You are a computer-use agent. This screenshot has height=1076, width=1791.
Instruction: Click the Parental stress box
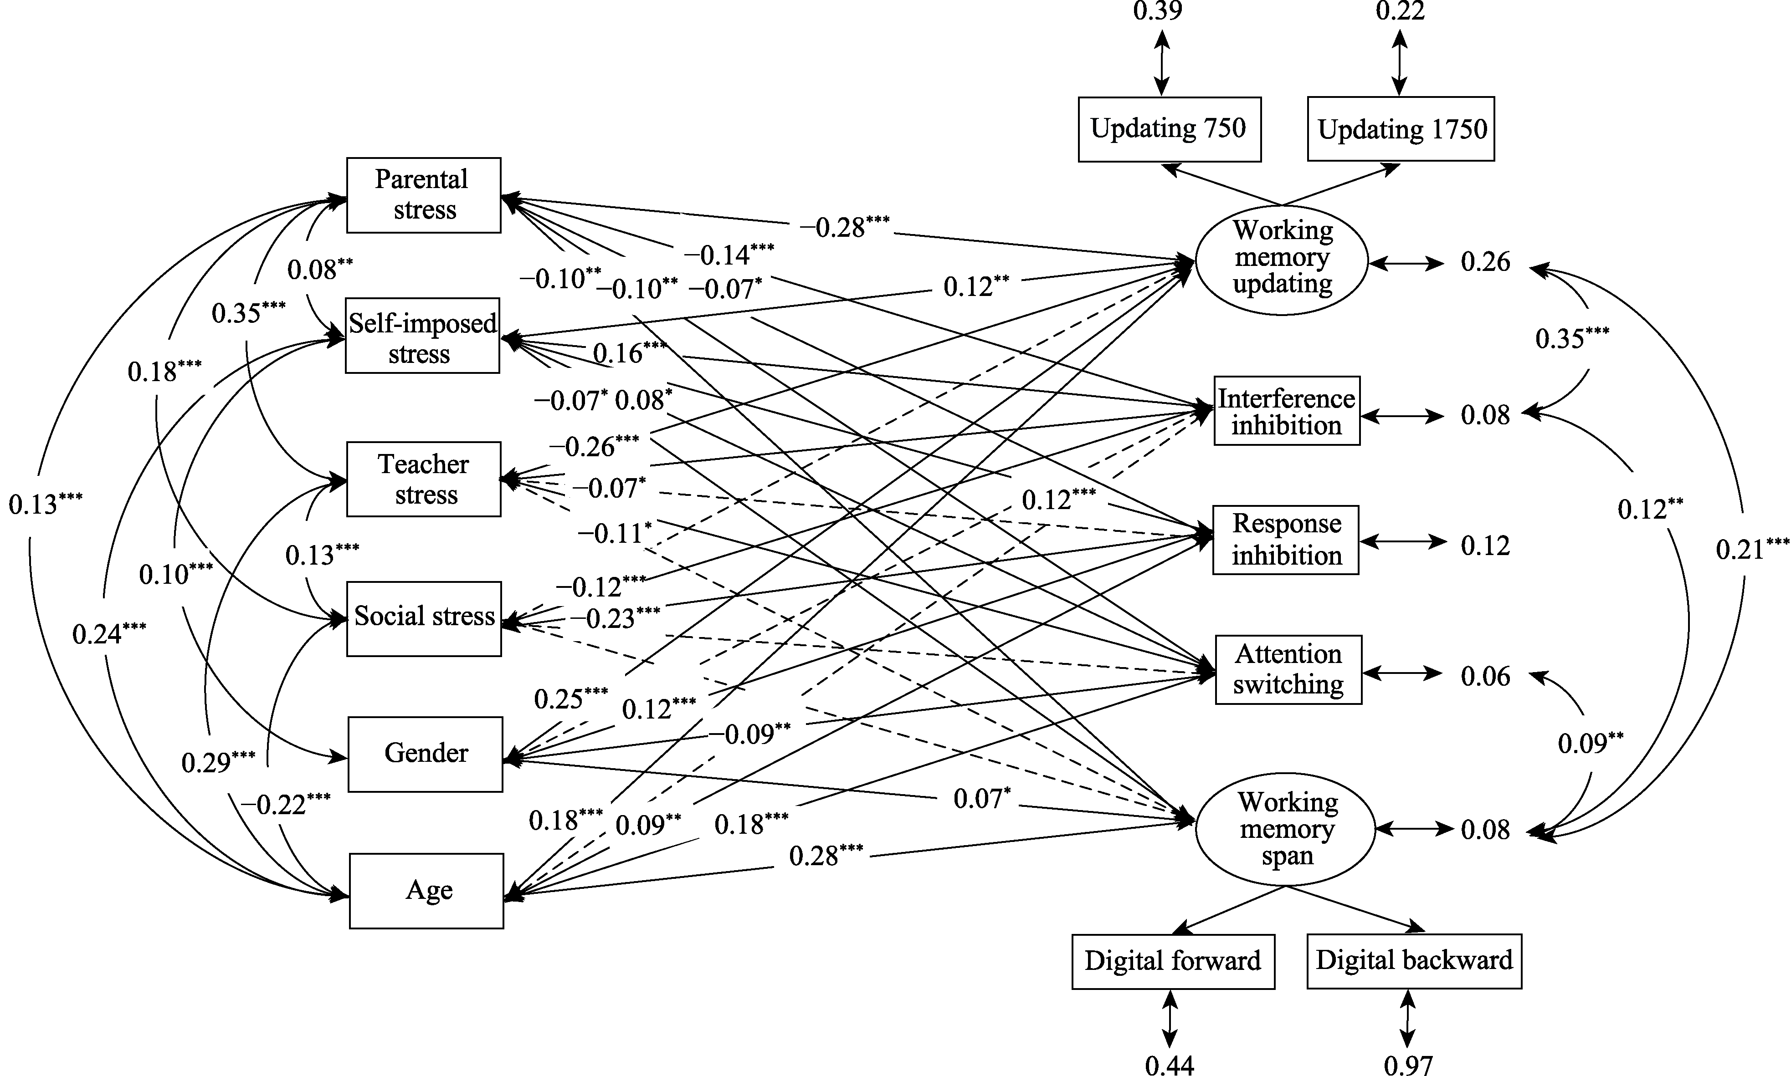tap(424, 195)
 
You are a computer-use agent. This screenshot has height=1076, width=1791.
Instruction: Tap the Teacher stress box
tap(424, 479)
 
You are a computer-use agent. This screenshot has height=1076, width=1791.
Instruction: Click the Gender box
tap(425, 754)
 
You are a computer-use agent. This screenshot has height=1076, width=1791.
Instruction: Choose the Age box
tap(426, 890)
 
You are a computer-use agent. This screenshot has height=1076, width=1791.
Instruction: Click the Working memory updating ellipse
tap(1282, 258)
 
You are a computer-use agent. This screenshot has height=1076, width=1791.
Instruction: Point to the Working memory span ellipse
tap(1285, 829)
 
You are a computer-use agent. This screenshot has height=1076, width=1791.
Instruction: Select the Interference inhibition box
tap(1286, 411)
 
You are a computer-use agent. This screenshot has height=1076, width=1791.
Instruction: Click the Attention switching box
tap(1288, 670)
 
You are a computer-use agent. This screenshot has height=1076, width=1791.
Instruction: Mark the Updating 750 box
tap(1170, 129)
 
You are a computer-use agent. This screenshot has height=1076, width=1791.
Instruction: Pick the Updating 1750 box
tap(1401, 129)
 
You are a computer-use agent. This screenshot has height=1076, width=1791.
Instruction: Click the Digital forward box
tap(1173, 961)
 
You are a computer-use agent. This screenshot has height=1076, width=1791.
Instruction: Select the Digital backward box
tap(1414, 961)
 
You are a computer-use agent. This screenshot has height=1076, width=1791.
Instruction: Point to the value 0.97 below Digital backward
tap(1408, 1065)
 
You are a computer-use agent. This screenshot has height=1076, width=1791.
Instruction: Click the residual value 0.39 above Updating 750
tap(1158, 11)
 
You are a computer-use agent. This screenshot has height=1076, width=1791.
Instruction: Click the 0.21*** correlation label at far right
tap(1751, 549)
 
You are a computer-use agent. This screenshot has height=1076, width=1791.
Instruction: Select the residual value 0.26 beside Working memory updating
tap(1485, 262)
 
